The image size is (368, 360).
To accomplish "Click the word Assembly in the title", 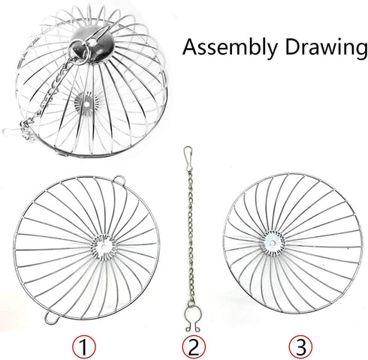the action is [231, 48].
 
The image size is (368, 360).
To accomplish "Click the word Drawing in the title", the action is [326, 48].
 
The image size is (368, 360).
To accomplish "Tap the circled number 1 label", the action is [84, 347].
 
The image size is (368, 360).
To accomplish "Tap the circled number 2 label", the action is [194, 347].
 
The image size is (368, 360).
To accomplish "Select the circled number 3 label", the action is [300, 347].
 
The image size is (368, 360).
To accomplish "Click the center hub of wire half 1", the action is [104, 247].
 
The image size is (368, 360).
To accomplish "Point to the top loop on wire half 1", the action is [119, 180].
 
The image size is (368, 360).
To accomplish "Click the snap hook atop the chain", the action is [188, 155].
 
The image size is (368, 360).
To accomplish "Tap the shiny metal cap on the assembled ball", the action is [91, 44].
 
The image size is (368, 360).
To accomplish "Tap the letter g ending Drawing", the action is [359, 51].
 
